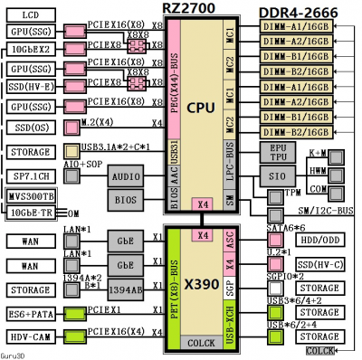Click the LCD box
tap(31, 15)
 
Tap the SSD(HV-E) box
tap(31, 88)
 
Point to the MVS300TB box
tap(31, 196)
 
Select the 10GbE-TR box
tap(31, 213)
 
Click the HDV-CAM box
tap(30, 336)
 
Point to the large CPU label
tap(200, 109)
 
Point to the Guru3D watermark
tap(16, 354)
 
